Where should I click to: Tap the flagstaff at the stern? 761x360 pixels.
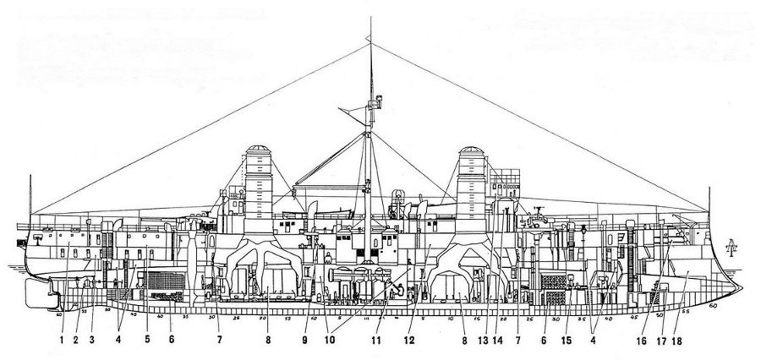pos(31,194)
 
